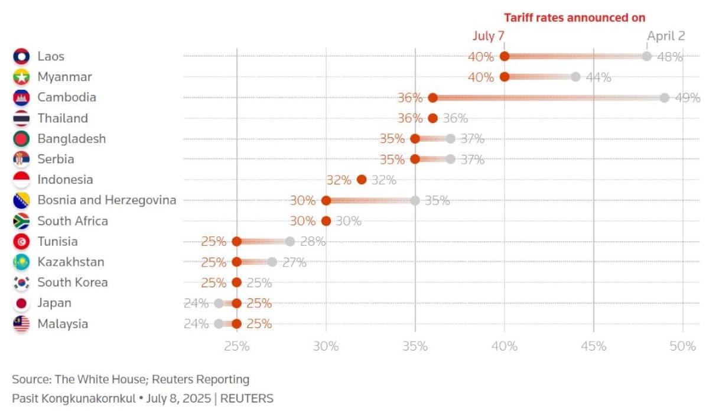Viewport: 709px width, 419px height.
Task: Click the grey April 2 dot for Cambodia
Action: (x=665, y=98)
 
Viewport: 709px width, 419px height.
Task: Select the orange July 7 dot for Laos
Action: (x=505, y=56)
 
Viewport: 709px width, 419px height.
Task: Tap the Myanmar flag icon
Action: (x=21, y=77)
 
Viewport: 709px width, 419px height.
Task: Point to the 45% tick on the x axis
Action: (x=594, y=346)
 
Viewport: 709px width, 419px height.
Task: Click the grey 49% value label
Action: (x=688, y=98)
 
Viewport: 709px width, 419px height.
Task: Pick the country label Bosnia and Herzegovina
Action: (x=107, y=200)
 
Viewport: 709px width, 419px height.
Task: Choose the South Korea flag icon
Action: (x=21, y=282)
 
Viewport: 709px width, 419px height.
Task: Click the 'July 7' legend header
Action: (x=488, y=35)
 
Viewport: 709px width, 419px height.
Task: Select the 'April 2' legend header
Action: (x=666, y=35)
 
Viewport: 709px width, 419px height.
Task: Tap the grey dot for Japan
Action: (x=219, y=303)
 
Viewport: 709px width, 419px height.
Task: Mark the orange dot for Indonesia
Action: (x=362, y=180)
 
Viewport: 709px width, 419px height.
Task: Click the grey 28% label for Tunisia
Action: (x=313, y=241)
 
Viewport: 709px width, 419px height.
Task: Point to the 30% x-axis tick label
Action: (x=326, y=346)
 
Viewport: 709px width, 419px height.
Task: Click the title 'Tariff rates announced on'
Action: (x=574, y=18)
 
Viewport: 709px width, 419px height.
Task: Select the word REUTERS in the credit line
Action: (x=246, y=398)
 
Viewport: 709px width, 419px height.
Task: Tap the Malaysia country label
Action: (x=63, y=324)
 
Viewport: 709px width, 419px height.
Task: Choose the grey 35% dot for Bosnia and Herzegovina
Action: (x=415, y=200)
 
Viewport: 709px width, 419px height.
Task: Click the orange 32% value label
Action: (x=339, y=180)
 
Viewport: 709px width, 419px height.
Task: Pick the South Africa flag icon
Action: (x=21, y=221)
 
